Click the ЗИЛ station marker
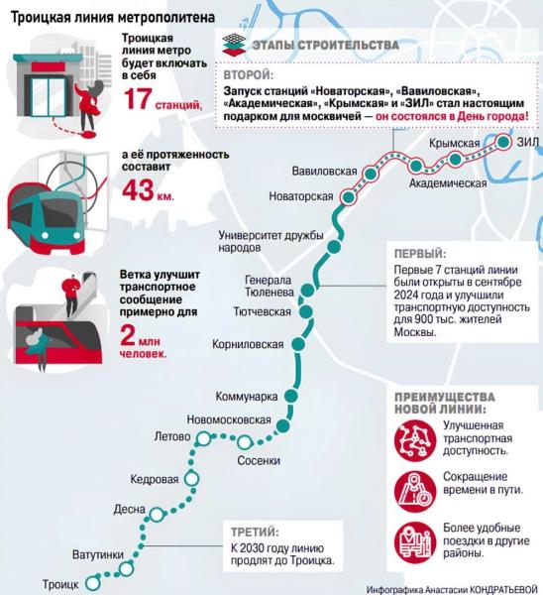pyautogui.click(x=503, y=142)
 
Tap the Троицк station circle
pyautogui.click(x=92, y=582)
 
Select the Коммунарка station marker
pyautogui.click(x=291, y=396)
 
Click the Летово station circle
pyautogui.click(x=204, y=438)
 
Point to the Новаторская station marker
pyautogui.click(x=349, y=197)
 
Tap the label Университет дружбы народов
pyautogui.click(x=271, y=241)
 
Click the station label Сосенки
pyautogui.click(x=259, y=461)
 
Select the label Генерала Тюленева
pyautogui.click(x=270, y=286)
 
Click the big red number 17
pyautogui.click(x=138, y=100)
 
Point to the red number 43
pyautogui.click(x=138, y=190)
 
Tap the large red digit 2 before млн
pyautogui.click(x=128, y=335)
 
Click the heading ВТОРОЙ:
pyautogui.click(x=249, y=74)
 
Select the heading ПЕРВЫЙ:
pyautogui.click(x=420, y=254)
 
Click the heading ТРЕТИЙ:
pyautogui.click(x=255, y=532)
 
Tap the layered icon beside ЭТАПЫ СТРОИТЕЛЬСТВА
pyautogui.click(x=234, y=45)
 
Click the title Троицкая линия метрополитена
pyautogui.click(x=113, y=18)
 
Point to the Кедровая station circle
pyautogui.click(x=191, y=479)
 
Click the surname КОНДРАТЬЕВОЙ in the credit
pyautogui.click(x=503, y=589)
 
